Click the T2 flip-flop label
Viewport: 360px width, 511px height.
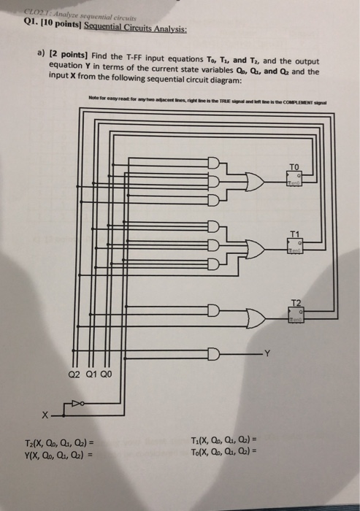coord(294,302)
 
